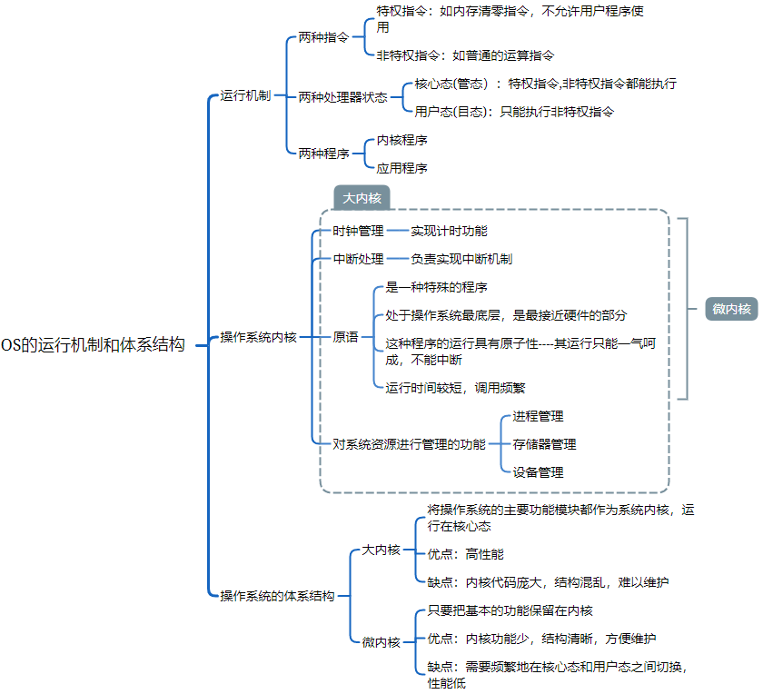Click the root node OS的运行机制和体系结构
pyautogui.click(x=93, y=345)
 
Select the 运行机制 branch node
pyautogui.click(x=245, y=95)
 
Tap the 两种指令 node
pyautogui.click(x=323, y=39)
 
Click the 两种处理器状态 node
pyautogui.click(x=342, y=97)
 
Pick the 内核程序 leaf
pyautogui.click(x=402, y=140)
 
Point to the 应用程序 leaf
pyautogui.click(x=402, y=168)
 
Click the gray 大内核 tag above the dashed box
pyautogui.click(x=362, y=198)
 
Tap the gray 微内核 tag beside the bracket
pyautogui.click(x=731, y=309)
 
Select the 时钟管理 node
pyautogui.click(x=358, y=231)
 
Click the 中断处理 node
pyautogui.click(x=358, y=259)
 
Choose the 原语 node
pyautogui.click(x=345, y=337)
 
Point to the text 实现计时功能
pyautogui.click(x=449, y=231)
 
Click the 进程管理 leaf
pyautogui.click(x=538, y=416)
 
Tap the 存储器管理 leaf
pyautogui.click(x=544, y=444)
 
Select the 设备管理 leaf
pyautogui.click(x=538, y=472)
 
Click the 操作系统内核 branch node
pyautogui.click(x=259, y=337)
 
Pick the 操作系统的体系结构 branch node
pyautogui.click(x=278, y=596)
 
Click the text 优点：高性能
pyautogui.click(x=465, y=553)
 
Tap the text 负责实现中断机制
pyautogui.click(x=461, y=259)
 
